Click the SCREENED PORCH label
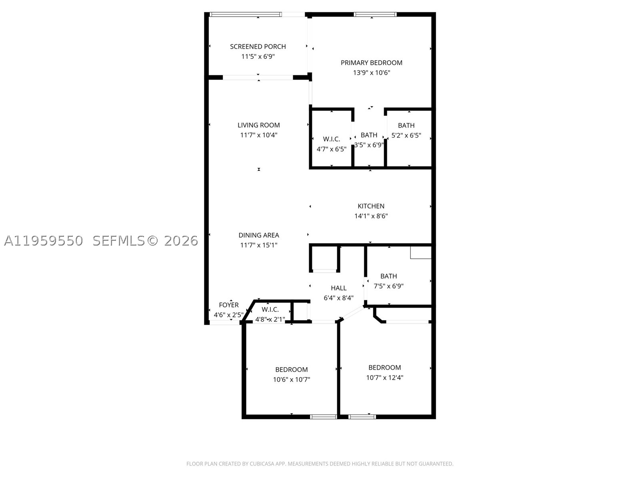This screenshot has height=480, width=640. pyautogui.click(x=258, y=47)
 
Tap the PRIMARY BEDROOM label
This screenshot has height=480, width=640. pyautogui.click(x=372, y=63)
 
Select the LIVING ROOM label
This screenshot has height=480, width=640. pyautogui.click(x=259, y=125)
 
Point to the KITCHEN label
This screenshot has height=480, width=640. pyautogui.click(x=371, y=206)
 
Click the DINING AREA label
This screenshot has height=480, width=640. pyautogui.click(x=259, y=235)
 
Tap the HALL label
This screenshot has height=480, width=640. pyautogui.click(x=338, y=288)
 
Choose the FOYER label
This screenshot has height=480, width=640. pyautogui.click(x=228, y=305)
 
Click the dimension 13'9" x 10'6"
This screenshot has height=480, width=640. pyautogui.click(x=372, y=72)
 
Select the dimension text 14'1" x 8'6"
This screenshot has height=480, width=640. pyautogui.click(x=371, y=216)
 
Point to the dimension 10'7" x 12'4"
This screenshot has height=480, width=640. pyautogui.click(x=384, y=378)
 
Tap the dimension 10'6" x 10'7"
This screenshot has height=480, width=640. pyautogui.click(x=291, y=380)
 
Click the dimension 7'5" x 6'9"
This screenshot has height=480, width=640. pyautogui.click(x=388, y=286)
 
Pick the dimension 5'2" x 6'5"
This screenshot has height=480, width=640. pyautogui.click(x=406, y=135)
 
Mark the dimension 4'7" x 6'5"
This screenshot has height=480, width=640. pyautogui.click(x=332, y=149)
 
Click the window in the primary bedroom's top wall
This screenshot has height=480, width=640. pyautogui.click(x=375, y=14)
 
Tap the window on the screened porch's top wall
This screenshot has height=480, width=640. pyautogui.click(x=245, y=14)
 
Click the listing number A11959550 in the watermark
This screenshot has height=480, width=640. pyautogui.click(x=44, y=241)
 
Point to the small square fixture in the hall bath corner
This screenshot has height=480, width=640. pyautogui.click(x=420, y=252)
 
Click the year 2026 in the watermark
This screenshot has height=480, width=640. pyautogui.click(x=181, y=241)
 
